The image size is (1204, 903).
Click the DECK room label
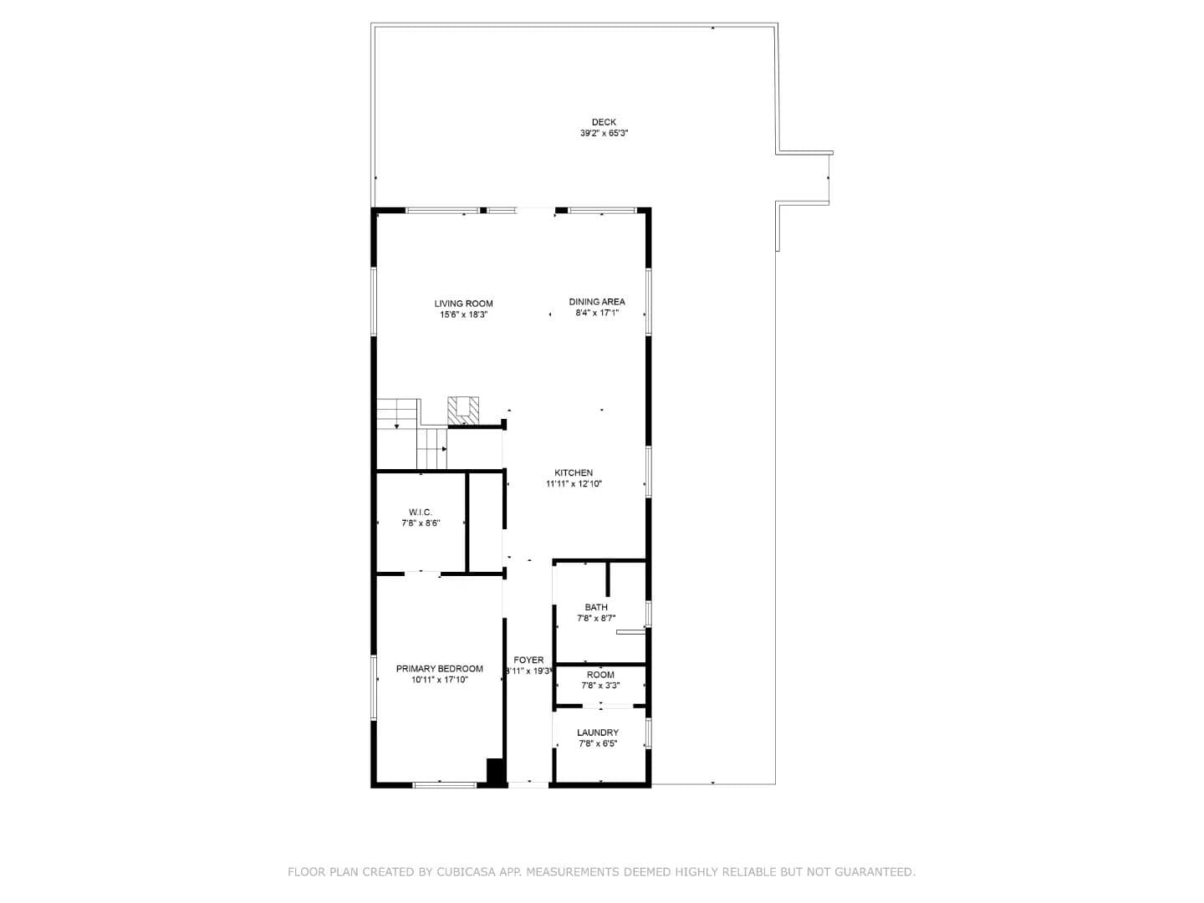point(604,122)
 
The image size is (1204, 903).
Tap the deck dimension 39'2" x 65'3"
point(604,133)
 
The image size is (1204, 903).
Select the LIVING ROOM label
point(463,304)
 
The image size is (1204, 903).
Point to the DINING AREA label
point(597,302)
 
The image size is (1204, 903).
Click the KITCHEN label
point(574,472)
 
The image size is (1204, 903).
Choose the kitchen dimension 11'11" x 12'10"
point(574,484)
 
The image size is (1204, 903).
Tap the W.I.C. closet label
point(421,512)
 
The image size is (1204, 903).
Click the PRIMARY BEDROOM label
point(439,669)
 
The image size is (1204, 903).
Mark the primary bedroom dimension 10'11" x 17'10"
point(439,680)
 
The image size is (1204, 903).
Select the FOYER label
point(528,661)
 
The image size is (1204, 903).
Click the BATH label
point(595,608)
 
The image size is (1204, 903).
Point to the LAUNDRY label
point(597,732)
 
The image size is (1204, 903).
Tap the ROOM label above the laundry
point(600,675)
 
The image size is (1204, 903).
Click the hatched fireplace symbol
point(463,410)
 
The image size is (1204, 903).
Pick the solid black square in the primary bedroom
point(496,772)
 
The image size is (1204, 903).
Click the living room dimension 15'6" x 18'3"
point(463,315)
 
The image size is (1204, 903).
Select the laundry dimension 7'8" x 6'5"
point(597,744)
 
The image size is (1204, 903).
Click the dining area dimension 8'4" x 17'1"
point(597,313)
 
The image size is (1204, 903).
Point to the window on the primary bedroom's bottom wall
point(444,785)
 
